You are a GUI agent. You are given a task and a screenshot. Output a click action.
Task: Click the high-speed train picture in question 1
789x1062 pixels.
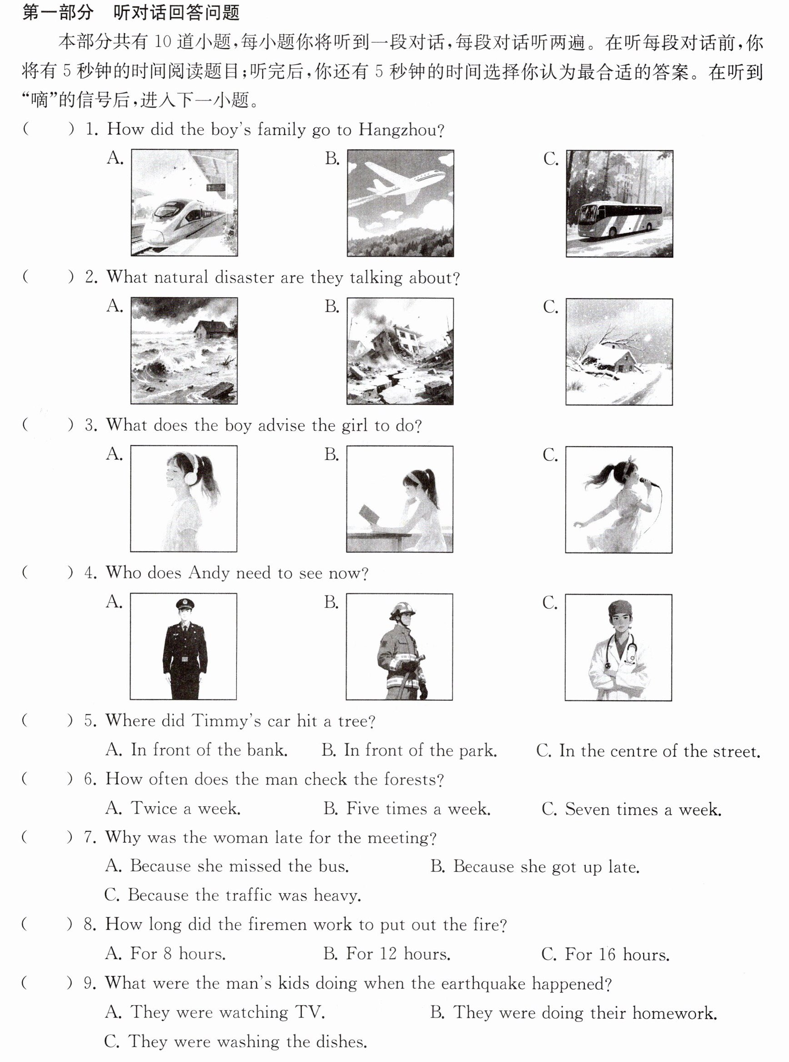click(184, 203)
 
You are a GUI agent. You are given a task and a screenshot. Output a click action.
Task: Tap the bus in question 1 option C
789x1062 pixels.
click(620, 219)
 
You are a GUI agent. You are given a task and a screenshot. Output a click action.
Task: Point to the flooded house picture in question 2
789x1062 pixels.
click(184, 351)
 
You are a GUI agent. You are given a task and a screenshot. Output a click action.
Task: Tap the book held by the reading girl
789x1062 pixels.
click(369, 515)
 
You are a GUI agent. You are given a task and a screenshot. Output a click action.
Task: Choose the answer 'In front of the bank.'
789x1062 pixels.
click(196, 750)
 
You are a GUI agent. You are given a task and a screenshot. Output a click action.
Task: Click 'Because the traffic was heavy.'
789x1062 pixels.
click(232, 895)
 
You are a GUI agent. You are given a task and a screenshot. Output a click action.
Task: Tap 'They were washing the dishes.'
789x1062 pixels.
click(236, 1041)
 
